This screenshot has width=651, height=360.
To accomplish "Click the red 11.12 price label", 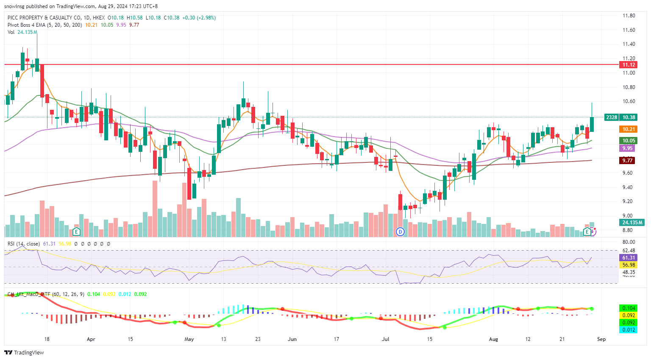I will tap(629, 65).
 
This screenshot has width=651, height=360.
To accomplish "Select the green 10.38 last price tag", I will tap(629, 117).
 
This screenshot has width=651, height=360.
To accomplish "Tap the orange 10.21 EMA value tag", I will tap(629, 129).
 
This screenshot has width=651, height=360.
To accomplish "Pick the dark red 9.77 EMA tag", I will tap(627, 160).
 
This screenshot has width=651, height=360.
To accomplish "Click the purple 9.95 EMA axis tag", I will tap(627, 148).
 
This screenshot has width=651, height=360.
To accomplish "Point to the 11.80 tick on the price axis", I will tap(629, 16).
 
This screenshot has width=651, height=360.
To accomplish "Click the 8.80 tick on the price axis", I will tap(629, 230).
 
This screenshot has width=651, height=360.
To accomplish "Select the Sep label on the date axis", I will tap(601, 339).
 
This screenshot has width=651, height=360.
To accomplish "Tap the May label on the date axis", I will tap(189, 339).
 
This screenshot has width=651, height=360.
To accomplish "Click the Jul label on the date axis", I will tap(385, 339).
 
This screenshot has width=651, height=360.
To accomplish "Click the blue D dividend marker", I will tap(400, 232).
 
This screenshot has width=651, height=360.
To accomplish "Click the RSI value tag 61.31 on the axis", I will tap(629, 258).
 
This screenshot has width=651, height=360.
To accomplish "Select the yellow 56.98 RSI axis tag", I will tap(629, 265).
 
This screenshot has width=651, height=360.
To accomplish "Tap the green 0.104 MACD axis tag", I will tap(629, 308).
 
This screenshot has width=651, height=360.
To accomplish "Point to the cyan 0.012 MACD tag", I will tap(629, 330).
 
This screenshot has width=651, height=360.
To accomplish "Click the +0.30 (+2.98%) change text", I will tap(199, 18).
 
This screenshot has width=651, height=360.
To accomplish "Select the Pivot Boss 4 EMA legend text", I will tap(27, 25).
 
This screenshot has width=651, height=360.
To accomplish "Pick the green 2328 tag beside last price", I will tap(611, 117).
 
